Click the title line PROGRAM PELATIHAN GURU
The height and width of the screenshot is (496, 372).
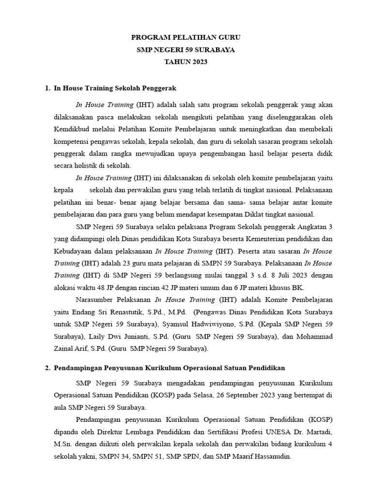point(186,37)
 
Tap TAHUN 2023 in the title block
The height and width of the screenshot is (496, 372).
point(186,62)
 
